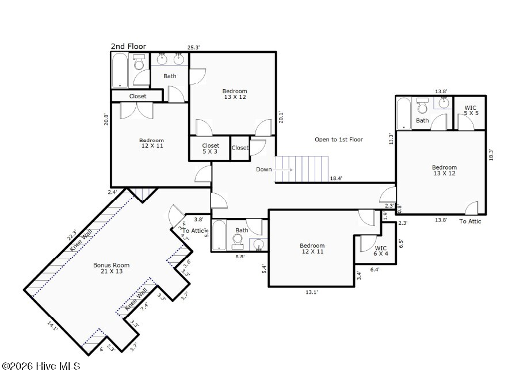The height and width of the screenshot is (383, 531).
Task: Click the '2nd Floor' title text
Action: pos(128,46)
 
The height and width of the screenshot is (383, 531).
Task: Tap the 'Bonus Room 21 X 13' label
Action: pos(111,268)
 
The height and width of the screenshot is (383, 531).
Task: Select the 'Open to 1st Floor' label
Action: pos(338,139)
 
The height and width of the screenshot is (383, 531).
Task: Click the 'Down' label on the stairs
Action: pos(264,169)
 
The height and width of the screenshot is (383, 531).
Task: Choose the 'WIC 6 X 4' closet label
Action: pos(381,250)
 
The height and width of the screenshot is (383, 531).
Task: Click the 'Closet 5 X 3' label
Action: pos(211,149)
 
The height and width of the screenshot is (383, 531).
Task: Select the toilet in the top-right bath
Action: pos(423,106)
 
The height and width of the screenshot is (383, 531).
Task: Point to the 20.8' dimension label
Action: pos(106,118)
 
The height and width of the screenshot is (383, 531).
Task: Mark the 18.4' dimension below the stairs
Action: pos(336,179)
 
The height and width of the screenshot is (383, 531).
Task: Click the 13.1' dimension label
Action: pos(311,292)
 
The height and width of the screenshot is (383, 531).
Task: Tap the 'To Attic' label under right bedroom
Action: pos(470,221)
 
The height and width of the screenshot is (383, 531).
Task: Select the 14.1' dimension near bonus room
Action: pos(53,327)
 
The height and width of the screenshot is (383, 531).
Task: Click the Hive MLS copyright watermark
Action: pos(41,366)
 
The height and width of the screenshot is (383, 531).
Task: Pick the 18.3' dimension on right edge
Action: pos(491,155)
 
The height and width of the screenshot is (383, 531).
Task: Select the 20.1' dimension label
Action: pos(281,117)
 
